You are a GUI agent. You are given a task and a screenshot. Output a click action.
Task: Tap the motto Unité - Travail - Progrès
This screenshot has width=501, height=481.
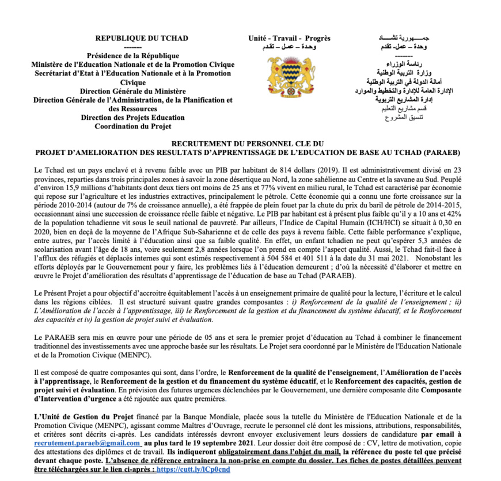[289, 39]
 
